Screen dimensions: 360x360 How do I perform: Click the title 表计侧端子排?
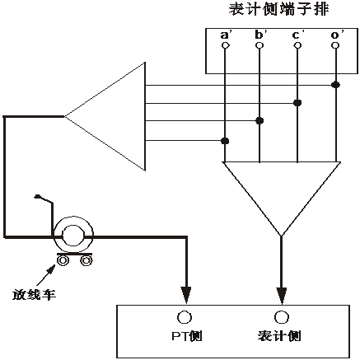click(x=280, y=12)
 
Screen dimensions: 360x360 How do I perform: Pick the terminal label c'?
click(x=297, y=35)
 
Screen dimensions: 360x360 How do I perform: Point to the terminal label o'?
click(x=334, y=35)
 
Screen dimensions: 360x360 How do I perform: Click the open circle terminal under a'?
click(x=225, y=46)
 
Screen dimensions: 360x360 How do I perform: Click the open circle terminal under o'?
click(x=335, y=46)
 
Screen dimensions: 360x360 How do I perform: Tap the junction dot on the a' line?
click(x=225, y=141)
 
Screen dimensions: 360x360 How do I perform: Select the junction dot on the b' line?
click(x=260, y=121)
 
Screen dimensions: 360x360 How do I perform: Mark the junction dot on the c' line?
click(x=297, y=103)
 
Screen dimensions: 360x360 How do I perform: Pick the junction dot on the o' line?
click(x=335, y=84)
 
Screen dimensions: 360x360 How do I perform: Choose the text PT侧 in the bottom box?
click(x=186, y=337)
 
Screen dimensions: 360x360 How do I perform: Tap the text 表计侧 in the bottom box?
click(x=282, y=337)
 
